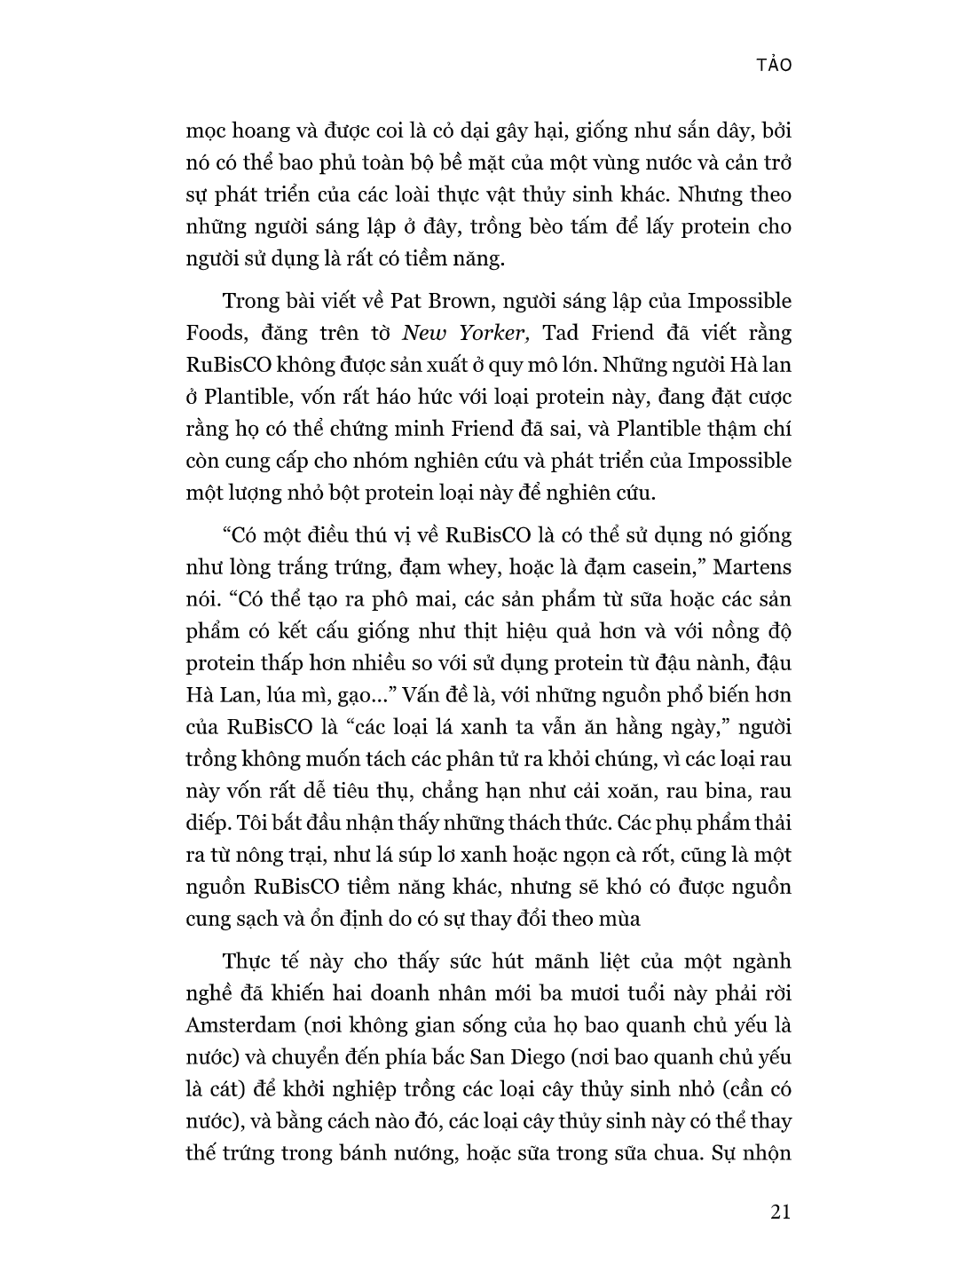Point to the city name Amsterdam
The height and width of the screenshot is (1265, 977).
click(x=240, y=1025)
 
